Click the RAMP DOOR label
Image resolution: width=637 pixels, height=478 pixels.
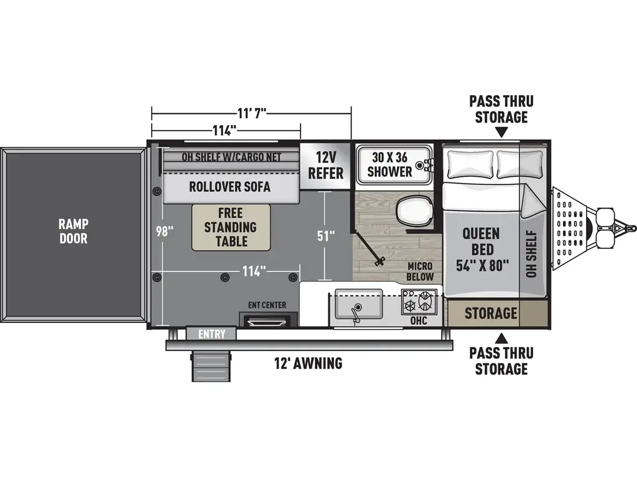pos(73,231)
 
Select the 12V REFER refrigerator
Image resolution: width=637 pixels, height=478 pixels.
pos(325,165)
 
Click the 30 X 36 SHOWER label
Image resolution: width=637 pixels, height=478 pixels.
pos(389,164)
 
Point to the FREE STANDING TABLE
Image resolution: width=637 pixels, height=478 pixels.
pos(231,227)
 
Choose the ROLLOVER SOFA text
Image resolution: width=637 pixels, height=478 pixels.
pos(230,187)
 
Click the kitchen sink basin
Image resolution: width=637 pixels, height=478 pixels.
pos(359,304)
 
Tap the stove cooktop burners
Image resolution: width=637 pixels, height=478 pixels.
pos(419,302)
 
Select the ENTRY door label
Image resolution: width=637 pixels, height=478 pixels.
pos(212,334)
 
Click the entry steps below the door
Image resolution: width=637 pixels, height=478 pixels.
pos(212,367)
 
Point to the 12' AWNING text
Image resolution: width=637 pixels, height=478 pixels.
pos(309,363)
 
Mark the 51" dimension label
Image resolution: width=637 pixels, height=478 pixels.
pos(326,235)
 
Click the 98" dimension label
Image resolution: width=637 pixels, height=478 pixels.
pos(165,231)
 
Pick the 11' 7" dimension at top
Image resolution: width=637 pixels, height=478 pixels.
pos(252,113)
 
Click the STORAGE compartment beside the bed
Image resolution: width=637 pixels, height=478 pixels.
pos(491,314)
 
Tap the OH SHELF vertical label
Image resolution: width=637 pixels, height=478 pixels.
pos(531,254)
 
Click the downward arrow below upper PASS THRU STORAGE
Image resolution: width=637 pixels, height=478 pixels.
pos(502,133)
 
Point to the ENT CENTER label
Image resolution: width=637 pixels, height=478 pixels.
pos(267,305)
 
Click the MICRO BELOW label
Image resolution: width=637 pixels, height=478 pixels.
pos(420,271)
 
